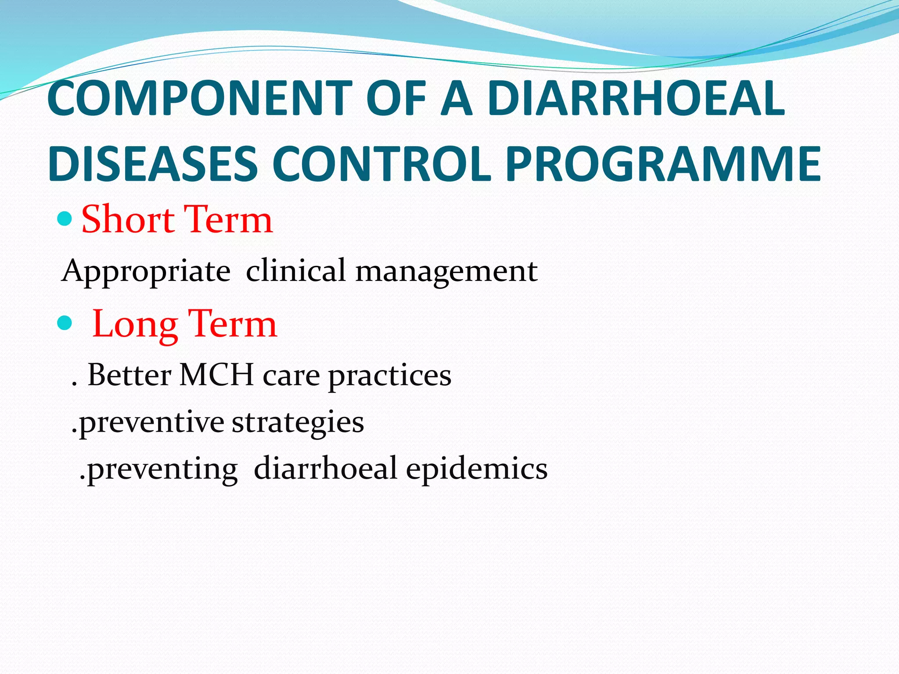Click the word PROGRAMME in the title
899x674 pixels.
point(663,164)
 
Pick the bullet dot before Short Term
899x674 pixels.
point(65,218)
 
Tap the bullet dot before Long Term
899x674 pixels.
point(65,323)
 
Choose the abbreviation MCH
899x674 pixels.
point(217,375)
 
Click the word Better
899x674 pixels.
point(129,375)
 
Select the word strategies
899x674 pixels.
point(298,423)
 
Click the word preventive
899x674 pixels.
point(151,423)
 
